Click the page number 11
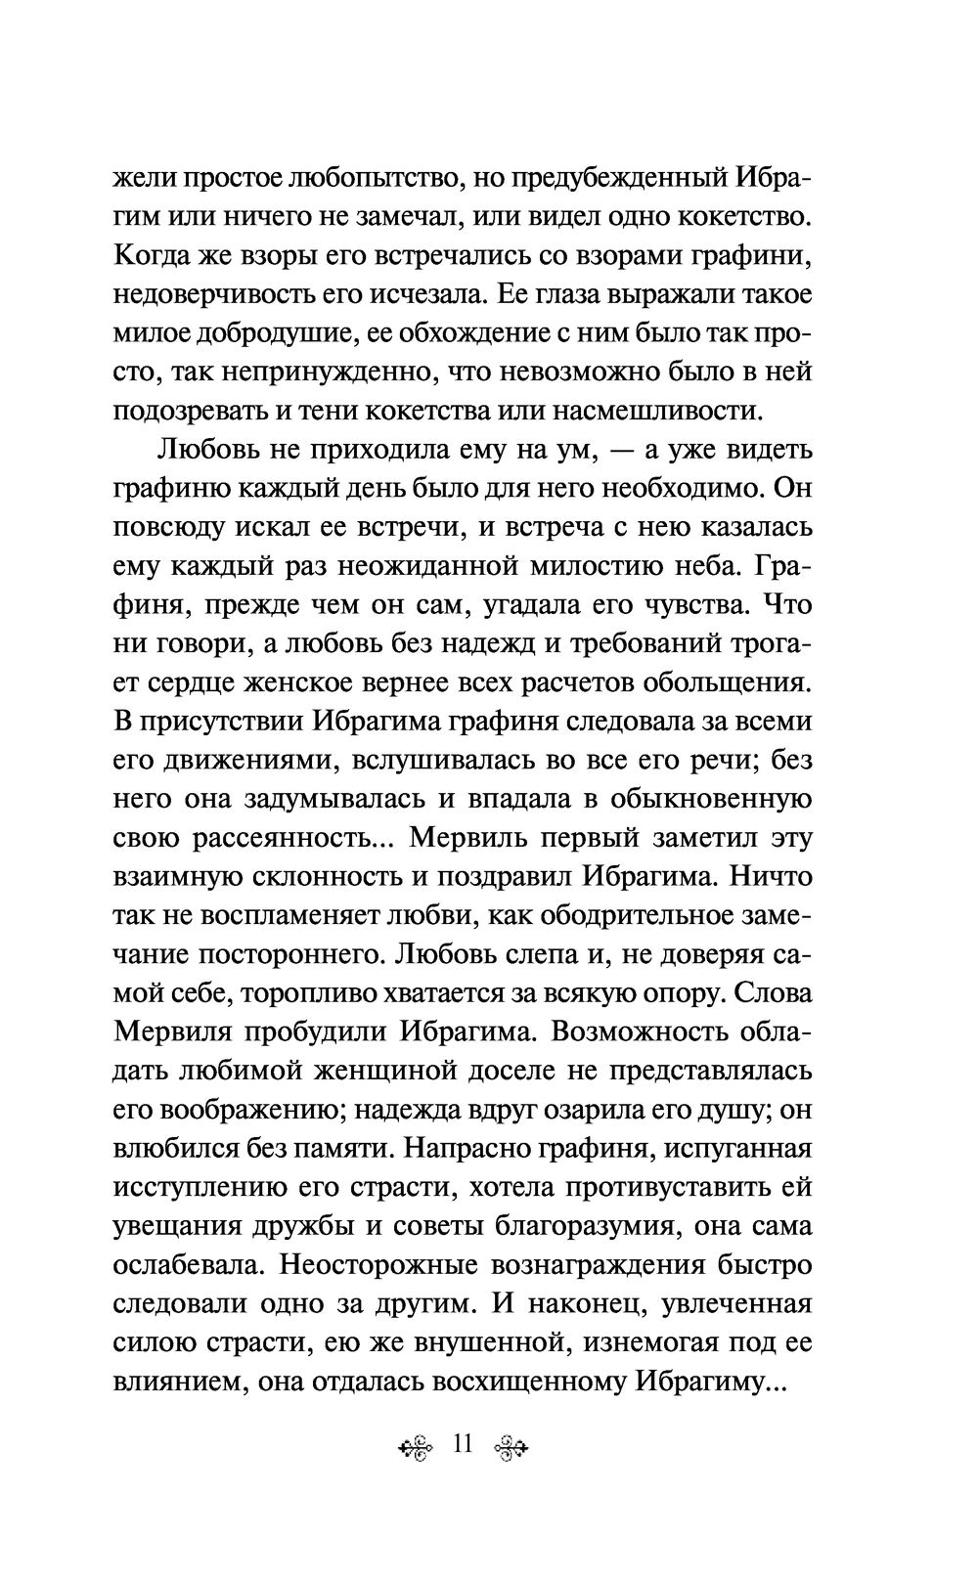463,1444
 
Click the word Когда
155,256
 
